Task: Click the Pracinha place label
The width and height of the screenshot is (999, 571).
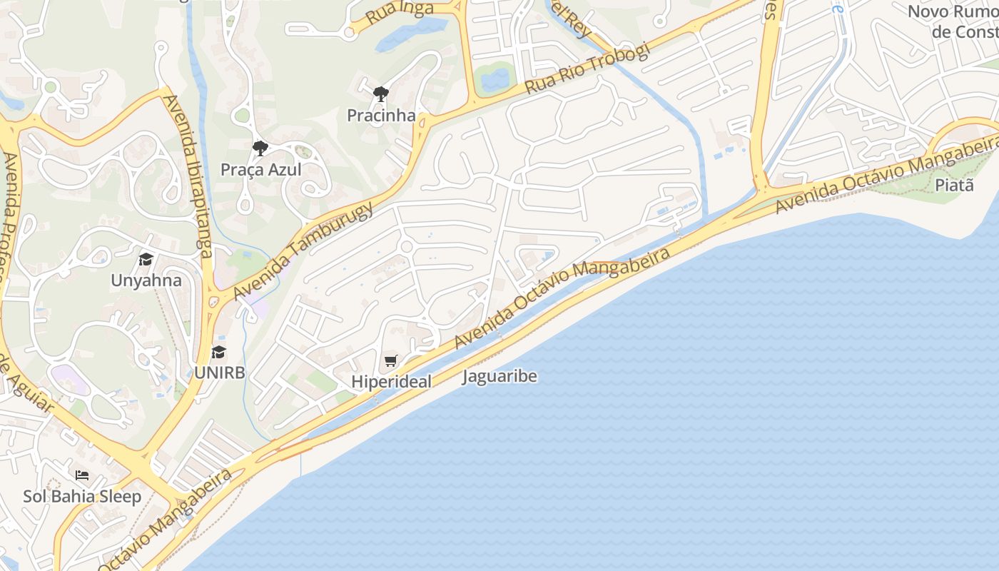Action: (381, 115)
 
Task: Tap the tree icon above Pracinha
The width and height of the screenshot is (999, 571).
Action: (381, 94)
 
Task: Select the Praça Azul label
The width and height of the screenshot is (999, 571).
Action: (260, 170)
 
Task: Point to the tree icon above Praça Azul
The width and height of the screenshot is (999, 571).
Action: (260, 148)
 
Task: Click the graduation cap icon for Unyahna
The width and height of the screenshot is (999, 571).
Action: (146, 259)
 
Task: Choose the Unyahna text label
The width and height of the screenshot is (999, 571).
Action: (146, 281)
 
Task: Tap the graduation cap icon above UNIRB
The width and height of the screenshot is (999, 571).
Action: (218, 352)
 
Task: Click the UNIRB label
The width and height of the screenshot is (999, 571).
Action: (219, 373)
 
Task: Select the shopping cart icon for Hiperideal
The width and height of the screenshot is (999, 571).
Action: (390, 361)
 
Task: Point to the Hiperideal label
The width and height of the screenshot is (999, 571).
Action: (391, 382)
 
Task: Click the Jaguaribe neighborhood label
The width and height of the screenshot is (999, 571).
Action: (499, 376)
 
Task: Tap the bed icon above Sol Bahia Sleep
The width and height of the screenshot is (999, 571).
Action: (82, 475)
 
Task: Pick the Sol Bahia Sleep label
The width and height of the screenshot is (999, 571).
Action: (82, 496)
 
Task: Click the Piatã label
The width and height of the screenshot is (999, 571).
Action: (954, 185)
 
